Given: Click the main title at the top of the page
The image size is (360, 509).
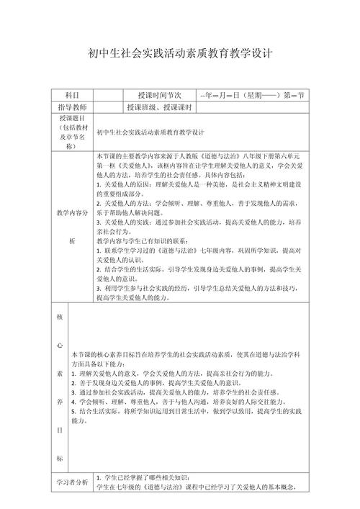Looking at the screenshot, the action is click(179, 55).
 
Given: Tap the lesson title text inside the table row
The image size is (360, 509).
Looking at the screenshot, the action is click(150, 132).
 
